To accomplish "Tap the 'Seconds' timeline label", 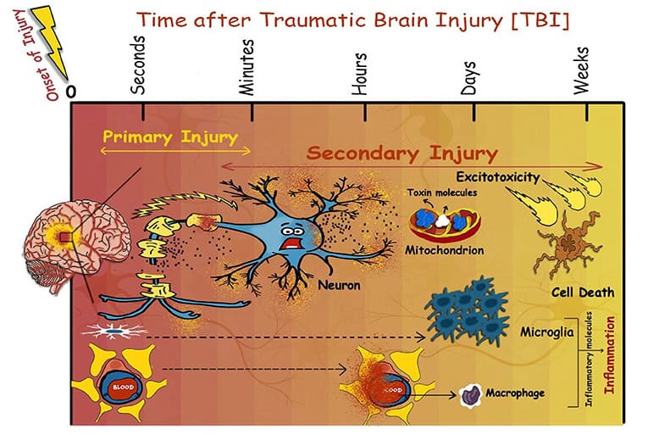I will click(141, 68).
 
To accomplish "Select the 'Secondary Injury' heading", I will click(402, 154).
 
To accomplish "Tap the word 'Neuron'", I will click(339, 286).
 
